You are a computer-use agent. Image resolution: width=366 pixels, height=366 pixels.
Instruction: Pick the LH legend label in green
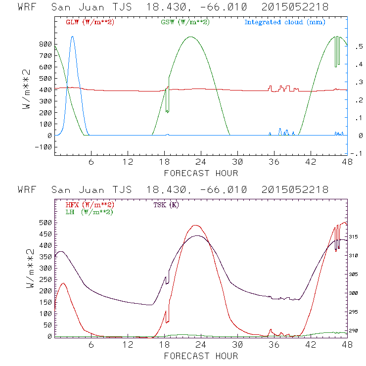point(89,212)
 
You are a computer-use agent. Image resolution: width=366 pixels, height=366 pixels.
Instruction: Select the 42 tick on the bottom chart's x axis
point(311,345)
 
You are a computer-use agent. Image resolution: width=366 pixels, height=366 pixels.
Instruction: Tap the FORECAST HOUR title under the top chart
point(201,173)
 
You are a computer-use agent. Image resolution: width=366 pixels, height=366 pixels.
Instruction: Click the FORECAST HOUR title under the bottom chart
point(201,356)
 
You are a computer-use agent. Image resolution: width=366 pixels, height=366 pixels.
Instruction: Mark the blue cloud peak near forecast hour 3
point(73,36)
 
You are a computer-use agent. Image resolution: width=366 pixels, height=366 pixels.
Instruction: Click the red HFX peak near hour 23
point(195,226)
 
